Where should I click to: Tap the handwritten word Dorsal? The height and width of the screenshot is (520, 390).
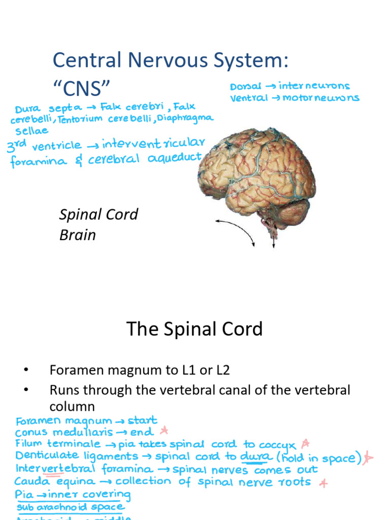click(x=246, y=87)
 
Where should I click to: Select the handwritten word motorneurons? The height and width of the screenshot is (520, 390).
click(x=330, y=98)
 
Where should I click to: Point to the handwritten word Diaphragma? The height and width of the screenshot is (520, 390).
click(x=188, y=118)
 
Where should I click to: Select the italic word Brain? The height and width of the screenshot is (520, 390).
click(x=77, y=235)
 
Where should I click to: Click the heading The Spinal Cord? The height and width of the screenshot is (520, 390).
click(x=194, y=329)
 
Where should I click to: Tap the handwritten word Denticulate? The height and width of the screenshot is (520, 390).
click(x=47, y=456)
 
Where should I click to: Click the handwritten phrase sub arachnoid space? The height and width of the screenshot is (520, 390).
click(x=71, y=506)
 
